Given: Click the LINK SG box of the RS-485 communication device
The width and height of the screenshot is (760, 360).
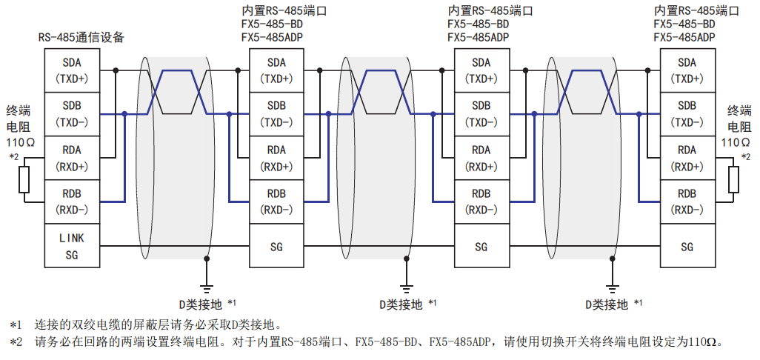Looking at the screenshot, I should coord(71,246).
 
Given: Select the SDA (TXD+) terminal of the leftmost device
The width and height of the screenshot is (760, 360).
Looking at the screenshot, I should coord(71,70).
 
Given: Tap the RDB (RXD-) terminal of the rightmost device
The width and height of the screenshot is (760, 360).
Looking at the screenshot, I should coord(687,201).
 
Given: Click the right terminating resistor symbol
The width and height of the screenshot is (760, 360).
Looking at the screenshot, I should coord(734,180).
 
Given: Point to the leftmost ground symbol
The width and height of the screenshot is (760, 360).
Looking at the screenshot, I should coord(207,287).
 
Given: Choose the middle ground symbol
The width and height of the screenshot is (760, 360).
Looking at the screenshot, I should coord(406,287).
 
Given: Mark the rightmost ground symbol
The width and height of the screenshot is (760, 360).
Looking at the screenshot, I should coord(612,287).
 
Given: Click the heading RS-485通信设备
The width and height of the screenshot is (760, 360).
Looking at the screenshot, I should coord(81,38).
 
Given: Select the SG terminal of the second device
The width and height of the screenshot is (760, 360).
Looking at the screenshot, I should coord(276,247).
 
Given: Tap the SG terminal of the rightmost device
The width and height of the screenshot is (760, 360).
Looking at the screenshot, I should coord(687,247).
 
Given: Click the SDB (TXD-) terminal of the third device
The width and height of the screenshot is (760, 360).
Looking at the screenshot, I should coord(481,114).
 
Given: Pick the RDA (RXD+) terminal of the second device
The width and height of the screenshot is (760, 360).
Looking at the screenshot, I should coord(276,158).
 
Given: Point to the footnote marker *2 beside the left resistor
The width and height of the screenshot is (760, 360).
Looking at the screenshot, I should coord(13,157).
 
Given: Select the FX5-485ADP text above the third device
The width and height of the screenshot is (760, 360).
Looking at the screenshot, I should coord(479,38).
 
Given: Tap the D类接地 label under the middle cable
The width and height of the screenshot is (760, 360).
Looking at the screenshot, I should coord(401,304).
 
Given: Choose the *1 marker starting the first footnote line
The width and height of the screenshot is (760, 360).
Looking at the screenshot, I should coord(16,324).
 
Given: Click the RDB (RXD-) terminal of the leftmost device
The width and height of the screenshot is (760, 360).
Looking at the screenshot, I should coord(71,201).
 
